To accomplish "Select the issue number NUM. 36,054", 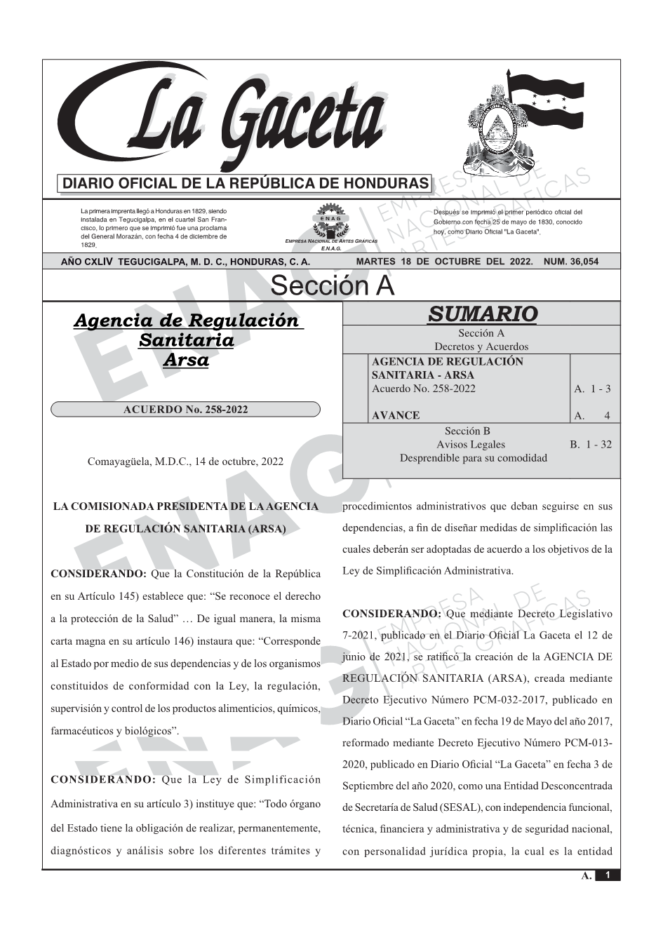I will (x=571, y=262).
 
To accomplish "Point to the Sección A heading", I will (x=332, y=286).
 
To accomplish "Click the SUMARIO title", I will (x=482, y=314).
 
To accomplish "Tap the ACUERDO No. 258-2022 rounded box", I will (x=186, y=410).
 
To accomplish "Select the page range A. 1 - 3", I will (x=592, y=389).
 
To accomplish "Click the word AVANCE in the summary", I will (x=396, y=415).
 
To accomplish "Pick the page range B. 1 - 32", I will (x=591, y=444).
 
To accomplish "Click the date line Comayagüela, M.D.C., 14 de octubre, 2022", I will (x=185, y=462).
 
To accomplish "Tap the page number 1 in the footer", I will (x=608, y=875).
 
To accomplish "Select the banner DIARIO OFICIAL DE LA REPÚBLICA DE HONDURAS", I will (x=246, y=184).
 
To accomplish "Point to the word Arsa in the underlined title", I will (x=186, y=360).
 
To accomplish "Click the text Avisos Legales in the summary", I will (x=470, y=444).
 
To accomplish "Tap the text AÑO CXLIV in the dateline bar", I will (x=87, y=262).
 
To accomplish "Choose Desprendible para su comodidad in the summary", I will (x=473, y=457).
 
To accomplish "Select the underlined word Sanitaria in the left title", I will (x=186, y=340).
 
